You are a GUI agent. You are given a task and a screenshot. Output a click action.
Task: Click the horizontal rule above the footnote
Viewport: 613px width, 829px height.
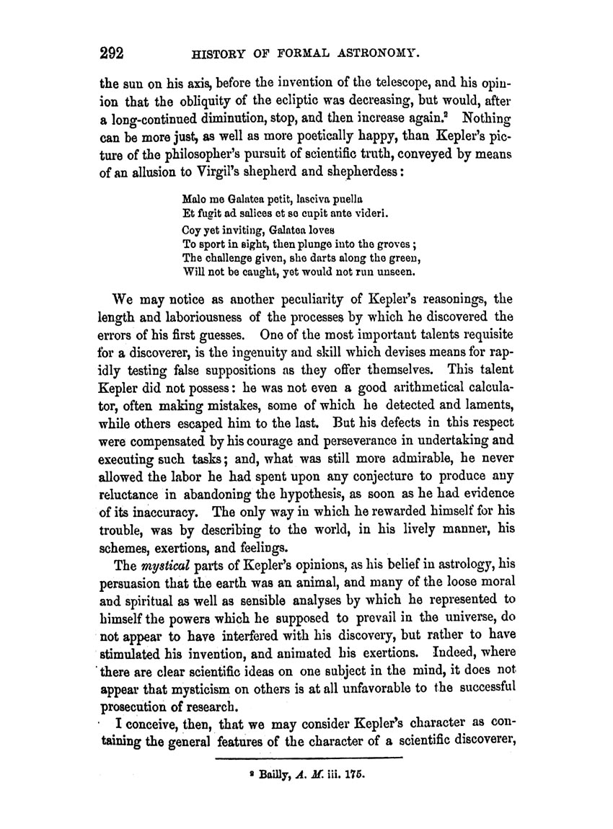pos(308,759)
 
